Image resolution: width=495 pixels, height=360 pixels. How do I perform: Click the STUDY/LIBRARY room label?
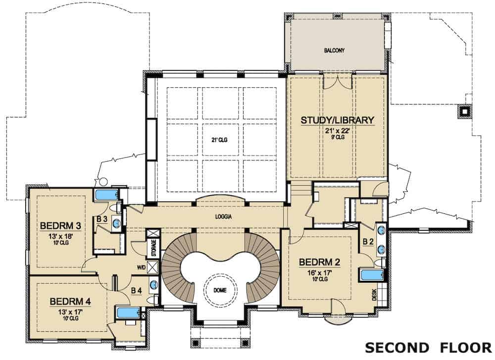(337, 120)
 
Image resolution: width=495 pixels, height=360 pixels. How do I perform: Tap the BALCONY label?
(334, 51)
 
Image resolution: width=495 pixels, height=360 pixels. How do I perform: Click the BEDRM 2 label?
(319, 262)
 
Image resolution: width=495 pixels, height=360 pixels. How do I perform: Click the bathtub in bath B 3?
(106, 195)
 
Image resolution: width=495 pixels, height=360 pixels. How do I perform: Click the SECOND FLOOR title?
(428, 346)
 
